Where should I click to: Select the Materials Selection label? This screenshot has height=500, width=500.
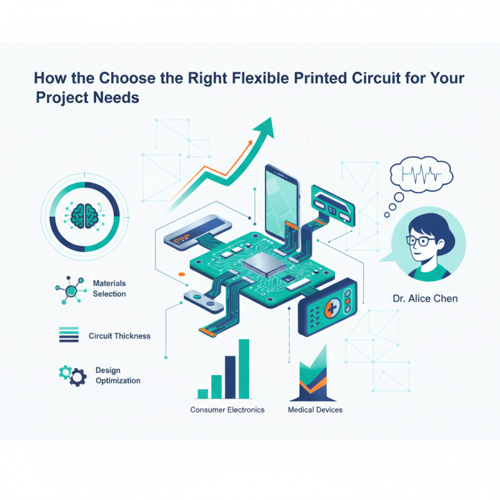[109, 289]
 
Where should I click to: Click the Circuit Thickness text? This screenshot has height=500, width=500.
[119, 336]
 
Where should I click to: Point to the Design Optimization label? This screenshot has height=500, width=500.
[117, 375]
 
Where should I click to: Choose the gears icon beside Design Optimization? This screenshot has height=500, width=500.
[72, 374]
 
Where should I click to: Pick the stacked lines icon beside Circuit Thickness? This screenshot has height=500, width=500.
[68, 334]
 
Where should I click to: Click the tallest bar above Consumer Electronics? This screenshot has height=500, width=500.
[244, 369]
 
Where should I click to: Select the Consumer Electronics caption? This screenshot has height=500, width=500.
[227, 410]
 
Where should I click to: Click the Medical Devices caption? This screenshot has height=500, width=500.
[315, 410]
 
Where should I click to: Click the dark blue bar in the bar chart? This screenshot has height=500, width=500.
[230, 376]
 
